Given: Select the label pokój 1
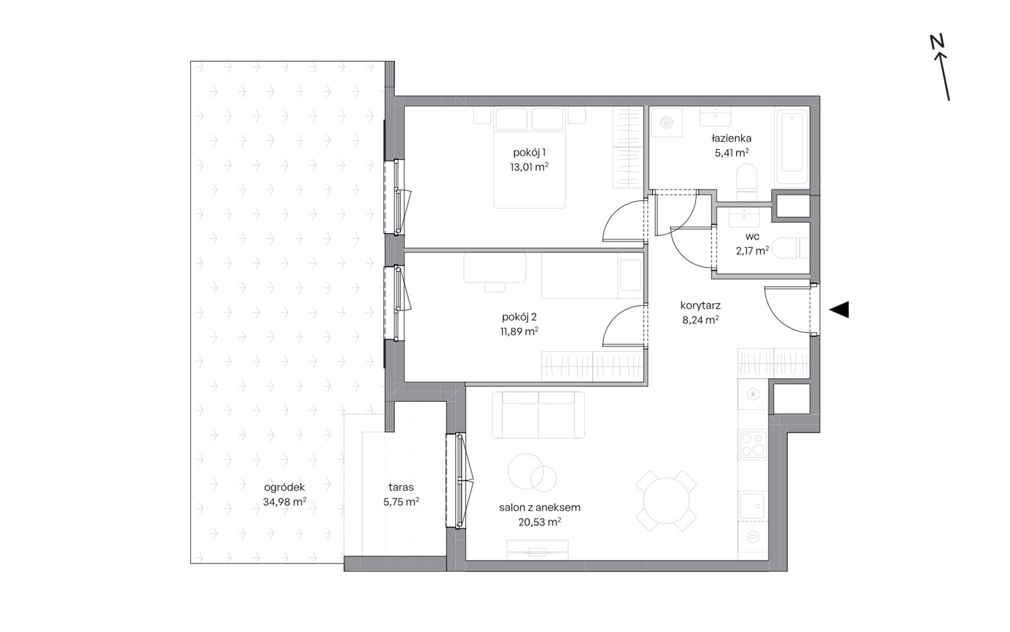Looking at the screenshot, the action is point(529,153).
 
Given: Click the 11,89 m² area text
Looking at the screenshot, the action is point(520,331).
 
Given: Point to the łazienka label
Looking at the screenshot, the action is point(731,138).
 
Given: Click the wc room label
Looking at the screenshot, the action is point(752,237).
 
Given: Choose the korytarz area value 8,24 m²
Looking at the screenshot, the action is point(701,320).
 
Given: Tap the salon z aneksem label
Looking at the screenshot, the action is point(540,508).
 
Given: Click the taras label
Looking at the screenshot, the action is point(401,487).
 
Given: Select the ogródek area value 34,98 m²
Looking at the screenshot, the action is point(284,501).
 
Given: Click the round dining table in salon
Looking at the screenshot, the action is point(666,500).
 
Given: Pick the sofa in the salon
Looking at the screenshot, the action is point(538,415).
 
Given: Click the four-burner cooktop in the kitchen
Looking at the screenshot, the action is point(753,444).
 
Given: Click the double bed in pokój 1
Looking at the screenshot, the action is point(529,157).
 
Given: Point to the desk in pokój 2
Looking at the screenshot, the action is point(494,268).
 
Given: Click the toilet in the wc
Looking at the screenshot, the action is point(789,248).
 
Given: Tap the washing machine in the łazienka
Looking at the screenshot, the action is point(667,123).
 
